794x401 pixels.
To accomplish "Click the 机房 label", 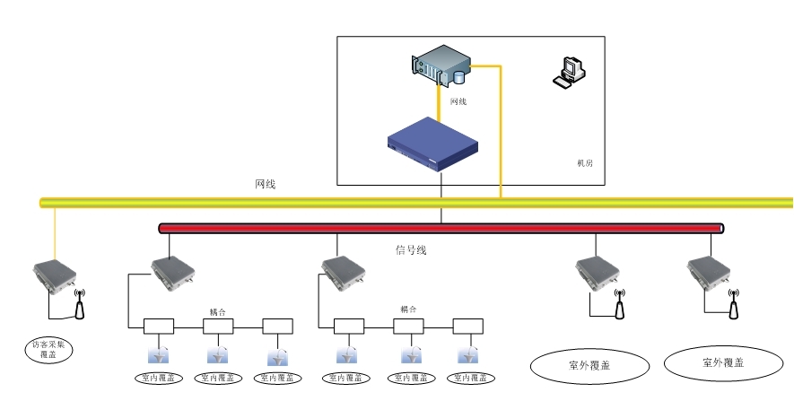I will [585, 163].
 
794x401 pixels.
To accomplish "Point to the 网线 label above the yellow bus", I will [266, 184].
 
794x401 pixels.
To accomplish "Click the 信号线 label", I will [411, 249].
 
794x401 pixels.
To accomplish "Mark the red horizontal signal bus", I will [440, 228].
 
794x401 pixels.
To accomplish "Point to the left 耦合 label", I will [218, 312].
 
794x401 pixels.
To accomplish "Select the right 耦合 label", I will [408, 309].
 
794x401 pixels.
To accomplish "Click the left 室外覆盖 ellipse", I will [589, 364].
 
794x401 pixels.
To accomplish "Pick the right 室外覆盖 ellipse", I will [723, 363].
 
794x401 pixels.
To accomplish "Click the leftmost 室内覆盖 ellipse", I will [159, 379].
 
